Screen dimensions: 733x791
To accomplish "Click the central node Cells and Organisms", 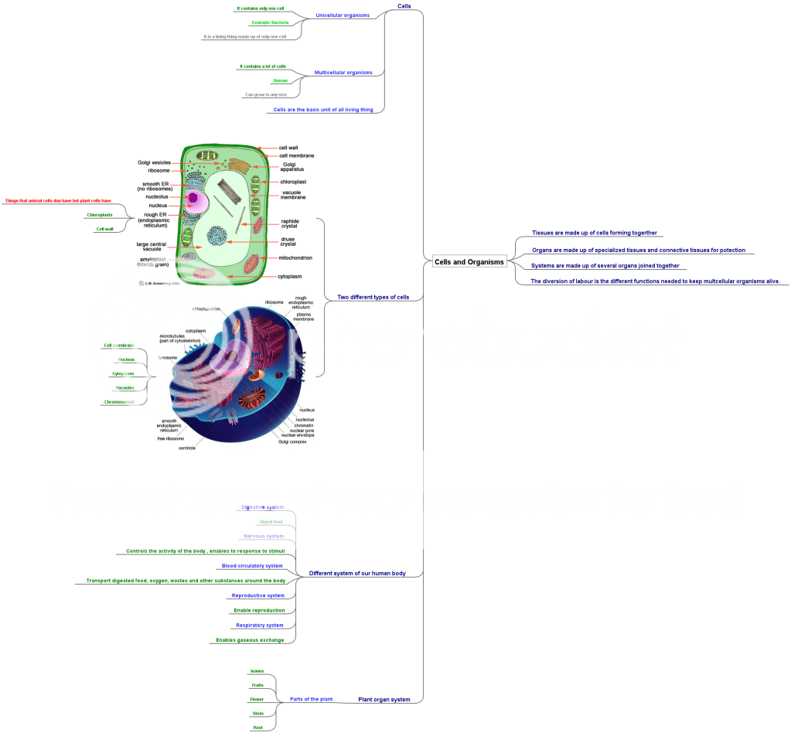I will (x=469, y=262).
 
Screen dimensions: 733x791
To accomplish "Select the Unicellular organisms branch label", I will (x=343, y=15).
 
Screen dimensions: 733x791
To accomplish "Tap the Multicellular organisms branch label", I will (x=343, y=73).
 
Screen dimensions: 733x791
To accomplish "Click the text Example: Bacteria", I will (x=270, y=22).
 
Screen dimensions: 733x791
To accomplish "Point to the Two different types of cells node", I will (x=373, y=298).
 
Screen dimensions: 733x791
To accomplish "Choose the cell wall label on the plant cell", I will (x=288, y=147).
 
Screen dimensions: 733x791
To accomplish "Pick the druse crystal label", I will (x=289, y=242).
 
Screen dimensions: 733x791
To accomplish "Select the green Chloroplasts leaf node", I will (x=100, y=214).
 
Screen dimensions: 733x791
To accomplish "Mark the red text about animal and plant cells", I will (x=58, y=200).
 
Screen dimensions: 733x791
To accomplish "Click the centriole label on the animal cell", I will (x=187, y=448).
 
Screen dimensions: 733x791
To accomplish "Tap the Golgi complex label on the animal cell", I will (x=292, y=442).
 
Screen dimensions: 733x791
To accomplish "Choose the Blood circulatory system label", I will (x=252, y=566).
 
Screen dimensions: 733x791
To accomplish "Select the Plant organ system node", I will (x=384, y=699).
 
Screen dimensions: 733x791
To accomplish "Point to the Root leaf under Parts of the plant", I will (x=257, y=728).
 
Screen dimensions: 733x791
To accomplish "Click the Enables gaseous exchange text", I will (x=250, y=640).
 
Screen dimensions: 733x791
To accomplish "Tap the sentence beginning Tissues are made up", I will (x=595, y=233).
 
